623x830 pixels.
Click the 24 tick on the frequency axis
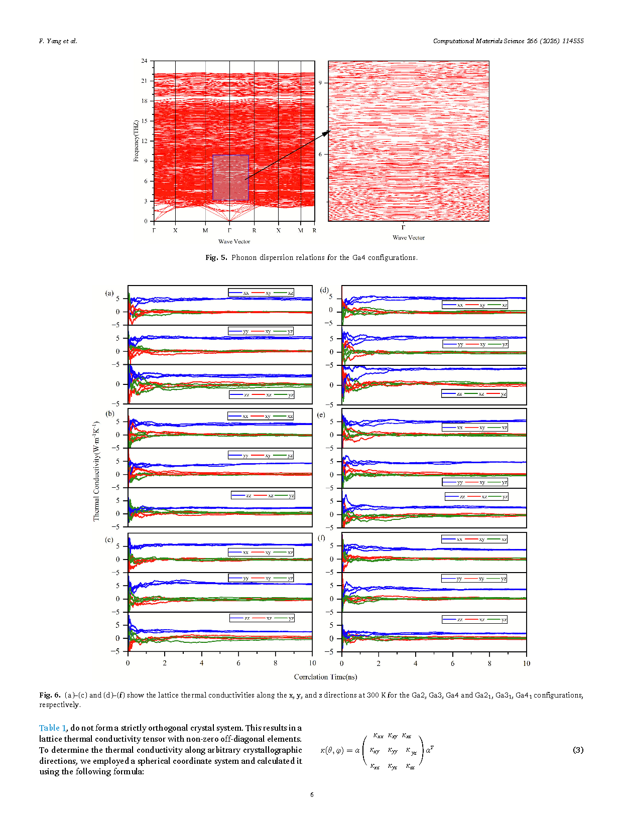[x=145, y=61]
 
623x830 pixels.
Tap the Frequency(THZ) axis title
[x=136, y=141]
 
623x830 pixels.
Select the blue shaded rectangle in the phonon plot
[x=230, y=177]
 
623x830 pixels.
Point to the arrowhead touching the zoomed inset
[x=327, y=132]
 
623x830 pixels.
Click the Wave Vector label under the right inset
[x=408, y=238]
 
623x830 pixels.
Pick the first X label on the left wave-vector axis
[x=175, y=231]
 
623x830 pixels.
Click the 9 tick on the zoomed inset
[x=320, y=83]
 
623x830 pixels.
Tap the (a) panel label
[x=109, y=293]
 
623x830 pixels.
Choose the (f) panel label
[x=321, y=537]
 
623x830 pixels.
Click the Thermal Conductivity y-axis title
[x=96, y=471]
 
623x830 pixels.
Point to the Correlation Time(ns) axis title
[x=325, y=677]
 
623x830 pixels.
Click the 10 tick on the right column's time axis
[x=526, y=663]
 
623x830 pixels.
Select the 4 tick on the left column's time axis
[x=202, y=663]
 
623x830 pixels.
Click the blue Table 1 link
[x=53, y=728]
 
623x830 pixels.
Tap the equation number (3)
[x=578, y=750]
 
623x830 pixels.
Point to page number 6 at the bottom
[x=312, y=794]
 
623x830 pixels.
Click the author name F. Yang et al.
[x=58, y=41]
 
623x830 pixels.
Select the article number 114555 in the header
[x=573, y=41]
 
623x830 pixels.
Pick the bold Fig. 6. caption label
[x=50, y=695]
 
